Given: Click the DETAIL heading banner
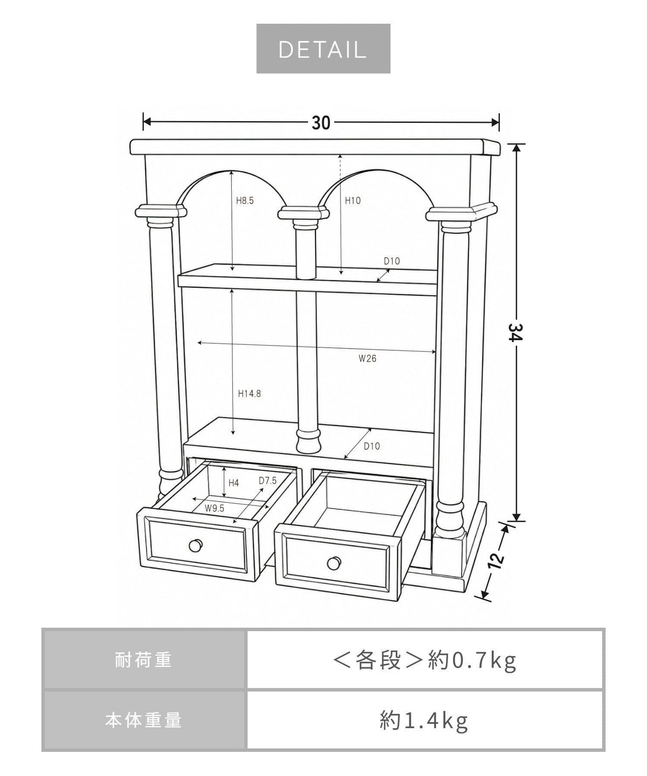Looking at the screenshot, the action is click(323, 48).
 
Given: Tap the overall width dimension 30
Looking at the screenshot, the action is click(321, 123).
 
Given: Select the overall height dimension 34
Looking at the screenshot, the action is click(516, 332).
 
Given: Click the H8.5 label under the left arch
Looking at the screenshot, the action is click(245, 200).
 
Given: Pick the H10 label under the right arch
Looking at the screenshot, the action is click(353, 200).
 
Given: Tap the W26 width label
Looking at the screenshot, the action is click(367, 358).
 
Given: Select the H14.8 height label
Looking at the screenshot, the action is click(250, 393).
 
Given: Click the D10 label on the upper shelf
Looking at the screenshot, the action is click(392, 261).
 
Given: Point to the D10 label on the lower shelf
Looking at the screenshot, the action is click(372, 446).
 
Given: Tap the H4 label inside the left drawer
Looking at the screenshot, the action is click(233, 483).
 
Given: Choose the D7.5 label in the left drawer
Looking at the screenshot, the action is click(268, 481).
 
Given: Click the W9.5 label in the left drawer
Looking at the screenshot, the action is click(215, 508).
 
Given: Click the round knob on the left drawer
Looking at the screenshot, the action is click(196, 545).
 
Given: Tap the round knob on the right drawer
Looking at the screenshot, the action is click(334, 564).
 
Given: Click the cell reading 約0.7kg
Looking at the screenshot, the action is click(425, 660).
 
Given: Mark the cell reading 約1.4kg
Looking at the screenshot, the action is click(425, 720).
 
